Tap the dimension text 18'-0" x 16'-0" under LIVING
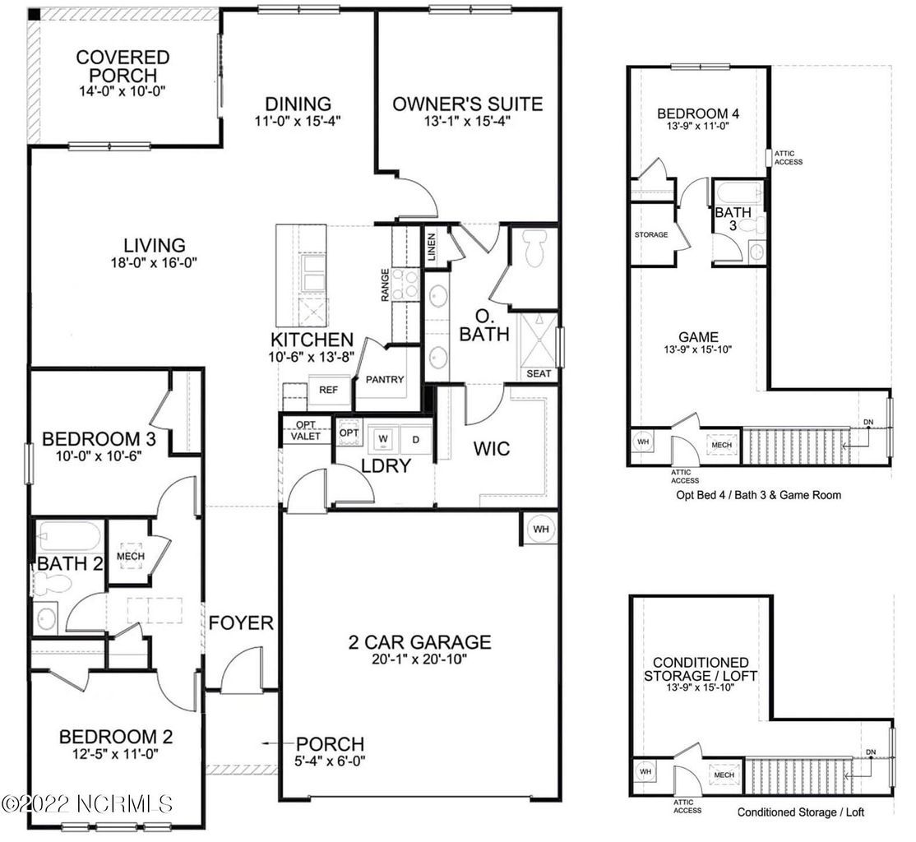pyautogui.click(x=154, y=263)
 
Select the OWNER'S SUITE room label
pyautogui.click(x=467, y=104)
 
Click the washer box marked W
pyautogui.click(x=383, y=439)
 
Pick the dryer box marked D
pyautogui.click(x=416, y=439)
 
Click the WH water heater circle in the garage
pyautogui.click(x=540, y=529)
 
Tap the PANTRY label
pyautogui.click(x=384, y=379)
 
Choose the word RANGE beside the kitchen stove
pyautogui.click(x=385, y=285)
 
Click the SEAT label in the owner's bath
pyautogui.click(x=539, y=373)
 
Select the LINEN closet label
pyautogui.click(x=433, y=246)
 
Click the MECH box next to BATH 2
pyautogui.click(x=131, y=556)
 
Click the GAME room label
pyautogui.click(x=699, y=336)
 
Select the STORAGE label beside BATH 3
pyautogui.click(x=651, y=234)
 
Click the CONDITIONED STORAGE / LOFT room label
pyautogui.click(x=700, y=668)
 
